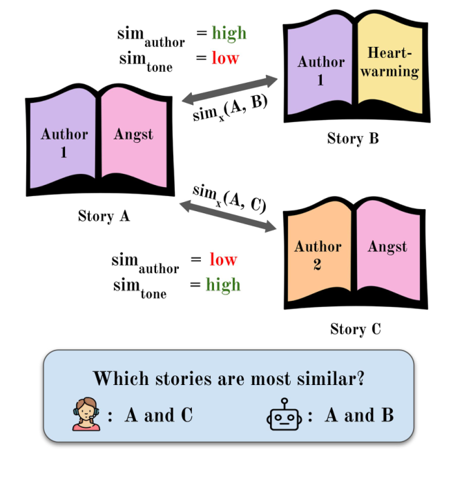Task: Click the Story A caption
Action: click(x=104, y=216)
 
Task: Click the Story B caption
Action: click(x=353, y=139)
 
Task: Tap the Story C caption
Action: click(x=355, y=328)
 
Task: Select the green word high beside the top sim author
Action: click(x=229, y=33)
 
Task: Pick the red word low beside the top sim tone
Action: click(x=225, y=58)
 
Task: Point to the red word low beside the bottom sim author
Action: click(x=223, y=259)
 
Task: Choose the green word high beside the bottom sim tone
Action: click(x=223, y=284)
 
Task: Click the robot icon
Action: click(x=285, y=416)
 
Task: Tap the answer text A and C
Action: click(x=158, y=415)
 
